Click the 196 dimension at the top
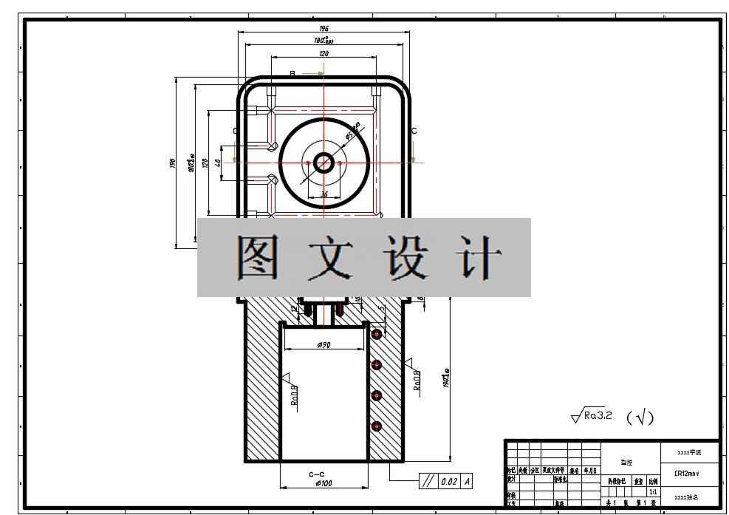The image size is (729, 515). [324, 28]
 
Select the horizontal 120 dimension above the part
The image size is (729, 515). [324, 53]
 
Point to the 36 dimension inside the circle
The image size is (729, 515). [324, 195]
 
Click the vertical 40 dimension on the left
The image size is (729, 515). [218, 162]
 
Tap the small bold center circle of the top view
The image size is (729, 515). [324, 162]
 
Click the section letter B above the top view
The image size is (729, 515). [292, 73]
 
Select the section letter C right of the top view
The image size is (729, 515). [414, 131]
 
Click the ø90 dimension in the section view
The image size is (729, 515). [324, 345]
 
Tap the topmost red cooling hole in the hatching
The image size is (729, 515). [377, 334]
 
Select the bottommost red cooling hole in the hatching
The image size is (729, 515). [377, 426]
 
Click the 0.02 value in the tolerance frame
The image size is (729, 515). [448, 482]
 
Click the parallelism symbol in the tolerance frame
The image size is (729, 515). [428, 482]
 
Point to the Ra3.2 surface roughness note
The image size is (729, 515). [592, 416]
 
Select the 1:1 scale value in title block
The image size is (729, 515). [653, 491]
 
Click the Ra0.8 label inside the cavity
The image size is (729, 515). [293, 395]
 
